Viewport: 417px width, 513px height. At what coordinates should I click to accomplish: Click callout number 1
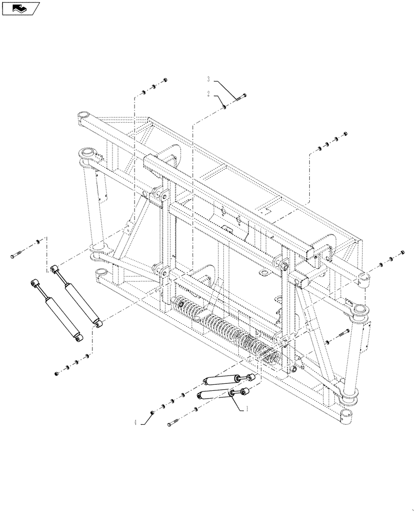pos(247,409)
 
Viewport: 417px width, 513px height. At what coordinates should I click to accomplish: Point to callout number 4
pos(136,423)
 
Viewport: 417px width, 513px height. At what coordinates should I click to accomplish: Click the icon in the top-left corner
pos(21,8)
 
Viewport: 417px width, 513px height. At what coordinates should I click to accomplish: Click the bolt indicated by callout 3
pos(242,96)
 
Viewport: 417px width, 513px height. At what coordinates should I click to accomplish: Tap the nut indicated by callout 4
pos(152,412)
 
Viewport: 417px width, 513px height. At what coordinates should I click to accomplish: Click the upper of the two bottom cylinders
pos(223,380)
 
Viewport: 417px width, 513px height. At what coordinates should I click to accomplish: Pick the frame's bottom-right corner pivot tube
pos(346,416)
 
